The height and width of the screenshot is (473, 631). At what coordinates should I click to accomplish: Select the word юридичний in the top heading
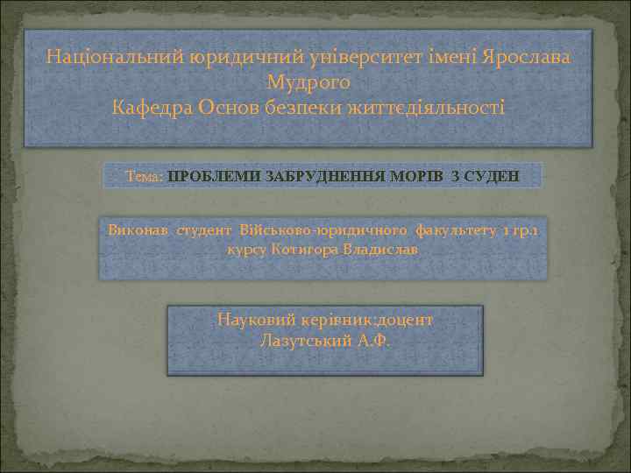(230, 58)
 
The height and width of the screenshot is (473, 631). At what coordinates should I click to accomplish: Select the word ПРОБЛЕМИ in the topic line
(211, 176)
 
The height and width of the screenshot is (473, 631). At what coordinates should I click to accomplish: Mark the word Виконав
(138, 230)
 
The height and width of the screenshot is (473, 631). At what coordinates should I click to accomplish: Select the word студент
(204, 230)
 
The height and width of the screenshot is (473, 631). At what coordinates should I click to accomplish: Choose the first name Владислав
(386, 250)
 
